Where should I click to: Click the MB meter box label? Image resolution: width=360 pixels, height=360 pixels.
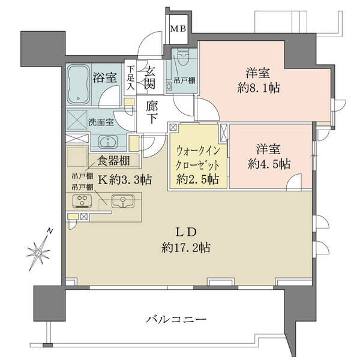coord(178,29)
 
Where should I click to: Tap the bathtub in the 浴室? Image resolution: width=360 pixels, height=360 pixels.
coord(79,85)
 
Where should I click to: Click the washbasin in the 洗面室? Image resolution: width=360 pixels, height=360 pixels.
coord(108,142)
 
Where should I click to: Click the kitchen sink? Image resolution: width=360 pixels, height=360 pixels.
coord(123,201)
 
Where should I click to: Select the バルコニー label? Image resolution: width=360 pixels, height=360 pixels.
coord(176,319)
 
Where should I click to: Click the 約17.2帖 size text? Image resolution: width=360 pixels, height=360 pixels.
coord(186,248)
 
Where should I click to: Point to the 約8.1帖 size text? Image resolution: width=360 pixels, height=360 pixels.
coord(259,88)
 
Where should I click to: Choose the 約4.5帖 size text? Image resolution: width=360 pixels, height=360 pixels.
coord(269,164)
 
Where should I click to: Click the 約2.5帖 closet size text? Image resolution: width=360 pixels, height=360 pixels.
coord(197,179)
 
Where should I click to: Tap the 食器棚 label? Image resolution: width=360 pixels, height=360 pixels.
coord(114,161)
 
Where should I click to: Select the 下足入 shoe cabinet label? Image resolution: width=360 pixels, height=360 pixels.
coord(131,78)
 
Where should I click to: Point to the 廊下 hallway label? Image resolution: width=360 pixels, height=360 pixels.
coord(152,113)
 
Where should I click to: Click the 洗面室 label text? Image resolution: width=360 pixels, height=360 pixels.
coord(101,122)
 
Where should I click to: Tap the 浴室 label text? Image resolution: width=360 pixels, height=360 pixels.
coord(106,78)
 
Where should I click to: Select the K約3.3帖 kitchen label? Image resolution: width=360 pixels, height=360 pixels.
coord(125,180)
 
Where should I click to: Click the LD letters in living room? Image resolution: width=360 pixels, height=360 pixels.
coord(186,233)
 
